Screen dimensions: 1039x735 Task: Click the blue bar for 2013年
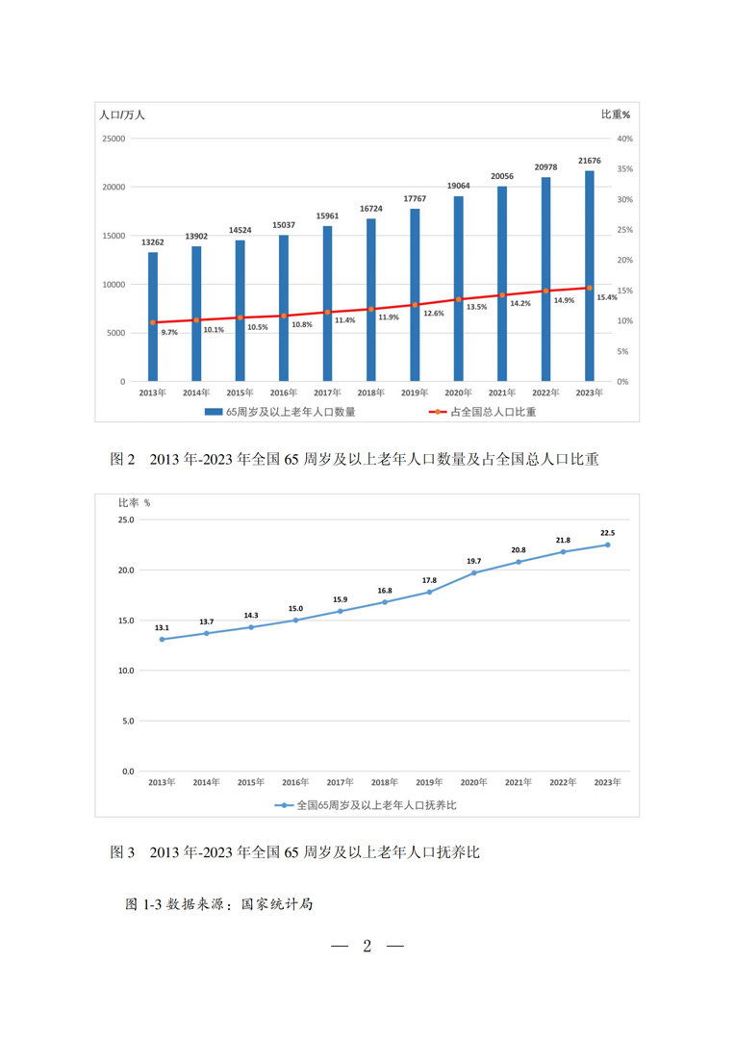point(153,317)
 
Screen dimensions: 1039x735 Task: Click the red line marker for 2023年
point(589,288)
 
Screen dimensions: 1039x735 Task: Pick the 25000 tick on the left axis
point(114,139)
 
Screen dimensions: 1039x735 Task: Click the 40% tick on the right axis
point(624,139)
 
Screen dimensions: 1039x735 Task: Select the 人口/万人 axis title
point(122,114)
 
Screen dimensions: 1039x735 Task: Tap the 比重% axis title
point(616,114)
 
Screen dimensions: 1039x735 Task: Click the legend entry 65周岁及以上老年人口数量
point(278,411)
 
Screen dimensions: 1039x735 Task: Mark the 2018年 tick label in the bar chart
point(370,393)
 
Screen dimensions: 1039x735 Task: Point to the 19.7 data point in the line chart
point(473,572)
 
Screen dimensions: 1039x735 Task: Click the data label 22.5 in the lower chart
point(607,532)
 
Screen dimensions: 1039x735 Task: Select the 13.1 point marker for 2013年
point(162,639)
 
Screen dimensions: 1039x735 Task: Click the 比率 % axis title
point(134,502)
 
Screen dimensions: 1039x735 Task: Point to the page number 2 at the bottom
point(367,947)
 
